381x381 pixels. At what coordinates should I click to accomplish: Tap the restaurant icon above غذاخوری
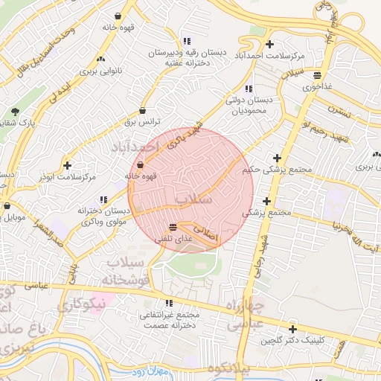(318, 75)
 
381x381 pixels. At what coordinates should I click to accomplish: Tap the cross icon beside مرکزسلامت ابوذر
(68, 165)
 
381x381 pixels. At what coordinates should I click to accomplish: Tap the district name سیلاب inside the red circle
(195, 200)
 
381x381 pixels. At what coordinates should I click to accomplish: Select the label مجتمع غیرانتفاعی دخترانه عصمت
(169, 319)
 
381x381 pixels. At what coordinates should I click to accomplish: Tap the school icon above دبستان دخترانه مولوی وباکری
(103, 199)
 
